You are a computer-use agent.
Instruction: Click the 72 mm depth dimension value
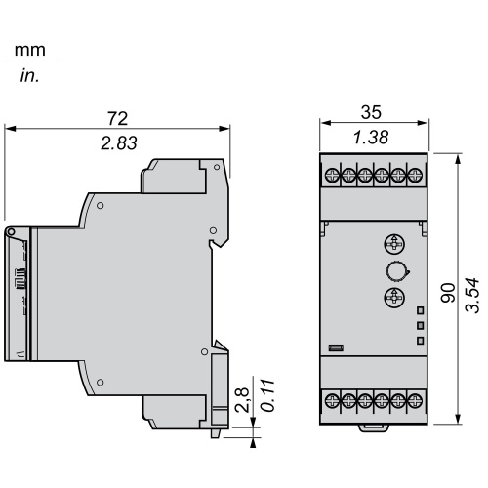click(118, 119)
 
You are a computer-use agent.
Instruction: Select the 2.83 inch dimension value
click(119, 143)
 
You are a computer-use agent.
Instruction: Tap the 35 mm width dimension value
click(371, 112)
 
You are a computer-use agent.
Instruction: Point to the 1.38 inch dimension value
click(371, 138)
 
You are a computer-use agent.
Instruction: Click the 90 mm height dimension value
click(448, 293)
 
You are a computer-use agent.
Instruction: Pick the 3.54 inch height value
click(472, 296)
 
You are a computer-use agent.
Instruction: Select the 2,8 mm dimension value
click(242, 400)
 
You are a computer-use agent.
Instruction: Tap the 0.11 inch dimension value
click(268, 395)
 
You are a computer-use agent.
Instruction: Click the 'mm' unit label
click(30, 51)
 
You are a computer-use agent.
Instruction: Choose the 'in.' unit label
click(29, 75)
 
